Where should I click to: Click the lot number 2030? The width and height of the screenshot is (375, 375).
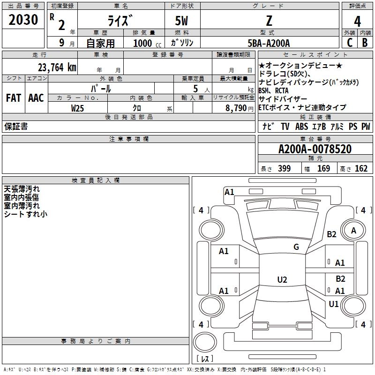pos(23,20)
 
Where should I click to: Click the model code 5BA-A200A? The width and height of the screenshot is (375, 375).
pos(269,43)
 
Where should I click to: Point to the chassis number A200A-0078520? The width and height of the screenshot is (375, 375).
pos(315,150)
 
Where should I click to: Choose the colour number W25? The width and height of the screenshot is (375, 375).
pos(78,108)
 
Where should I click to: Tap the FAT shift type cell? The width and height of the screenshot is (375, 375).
pos(14,98)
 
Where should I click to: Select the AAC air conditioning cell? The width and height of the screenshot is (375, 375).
pos(36,98)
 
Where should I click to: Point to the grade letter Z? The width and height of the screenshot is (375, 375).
pos(269,21)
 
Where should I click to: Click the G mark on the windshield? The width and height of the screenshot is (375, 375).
pos(296,247)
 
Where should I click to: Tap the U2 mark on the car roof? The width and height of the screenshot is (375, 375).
pos(282,280)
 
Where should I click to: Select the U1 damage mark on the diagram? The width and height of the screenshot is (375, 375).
pos(333,304)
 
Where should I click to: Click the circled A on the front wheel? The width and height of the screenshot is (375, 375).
pos(353,230)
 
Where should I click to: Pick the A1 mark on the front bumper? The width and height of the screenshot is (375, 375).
pos(229,192)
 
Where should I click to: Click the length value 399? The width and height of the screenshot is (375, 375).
pos(284,169)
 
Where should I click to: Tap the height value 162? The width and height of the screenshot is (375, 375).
pos(361,169)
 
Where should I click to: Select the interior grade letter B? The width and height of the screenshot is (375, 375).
pos(365,43)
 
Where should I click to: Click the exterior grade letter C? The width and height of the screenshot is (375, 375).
pos(349,43)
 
